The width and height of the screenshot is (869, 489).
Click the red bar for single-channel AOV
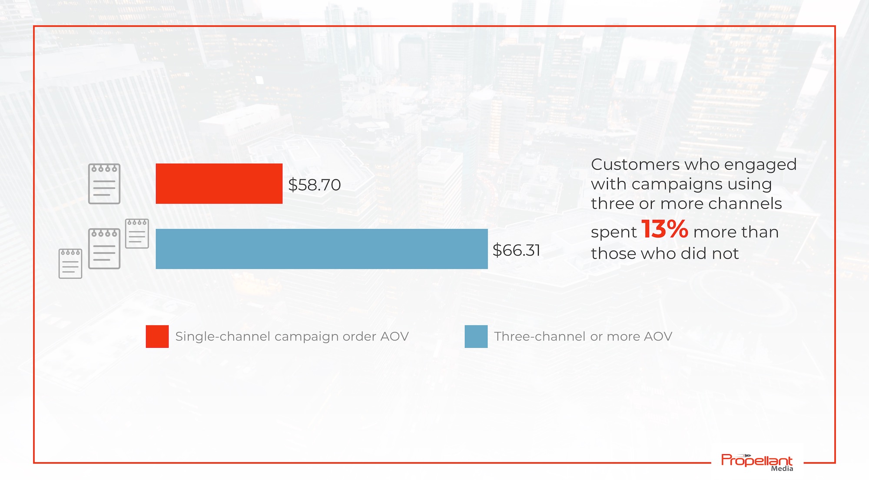tap(219, 183)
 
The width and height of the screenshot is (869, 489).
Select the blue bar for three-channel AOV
tap(322, 249)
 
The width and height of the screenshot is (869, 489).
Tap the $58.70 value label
tap(315, 185)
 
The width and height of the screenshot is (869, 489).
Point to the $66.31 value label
tap(516, 250)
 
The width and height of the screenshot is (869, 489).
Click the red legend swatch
tap(157, 336)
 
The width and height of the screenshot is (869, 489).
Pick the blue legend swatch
tap(476, 336)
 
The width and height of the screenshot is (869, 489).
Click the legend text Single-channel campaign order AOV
tap(292, 336)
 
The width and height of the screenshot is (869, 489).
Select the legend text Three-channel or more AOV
tap(583, 336)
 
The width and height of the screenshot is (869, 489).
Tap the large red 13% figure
tap(665, 229)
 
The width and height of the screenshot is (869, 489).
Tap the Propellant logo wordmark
tap(757, 460)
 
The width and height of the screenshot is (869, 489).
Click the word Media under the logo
tap(782, 469)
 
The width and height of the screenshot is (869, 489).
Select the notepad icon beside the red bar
tap(104, 184)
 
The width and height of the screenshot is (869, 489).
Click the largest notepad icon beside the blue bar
tap(104, 249)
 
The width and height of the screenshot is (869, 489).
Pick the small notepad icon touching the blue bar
tap(137, 234)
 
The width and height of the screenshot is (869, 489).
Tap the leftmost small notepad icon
tap(70, 263)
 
